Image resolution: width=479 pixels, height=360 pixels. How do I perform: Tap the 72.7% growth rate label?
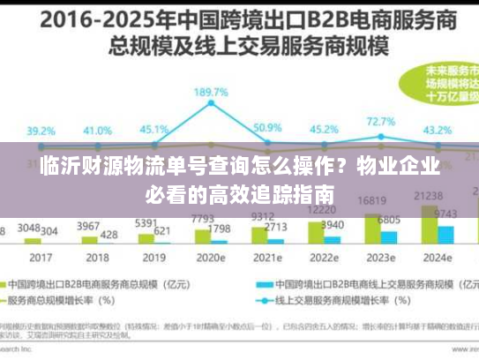coord(380,122)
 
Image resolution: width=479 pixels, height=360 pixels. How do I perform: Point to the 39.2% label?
coord(40,131)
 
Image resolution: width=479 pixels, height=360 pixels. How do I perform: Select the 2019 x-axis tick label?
coord(153,259)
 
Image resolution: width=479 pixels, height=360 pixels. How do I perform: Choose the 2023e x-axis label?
coord(379,259)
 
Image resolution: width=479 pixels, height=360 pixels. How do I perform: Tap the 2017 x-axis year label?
coord(40,259)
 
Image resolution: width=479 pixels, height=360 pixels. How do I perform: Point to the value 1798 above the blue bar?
coord(220,229)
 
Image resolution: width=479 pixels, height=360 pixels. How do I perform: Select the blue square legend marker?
coord(262,285)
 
